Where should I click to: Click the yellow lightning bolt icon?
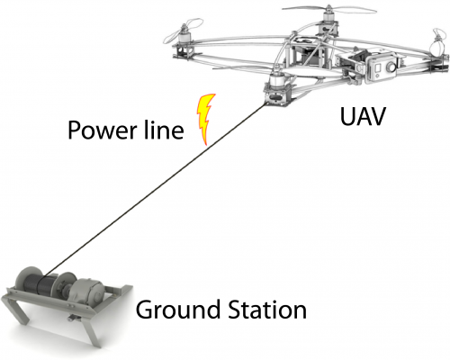[x=206, y=119]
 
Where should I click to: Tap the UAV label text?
[x=363, y=116]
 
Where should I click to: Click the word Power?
[x=102, y=130]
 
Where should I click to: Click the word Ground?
[x=178, y=310]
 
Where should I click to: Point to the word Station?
[x=267, y=310]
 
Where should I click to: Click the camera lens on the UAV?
[x=391, y=66]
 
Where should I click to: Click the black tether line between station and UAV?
[x=156, y=189]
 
